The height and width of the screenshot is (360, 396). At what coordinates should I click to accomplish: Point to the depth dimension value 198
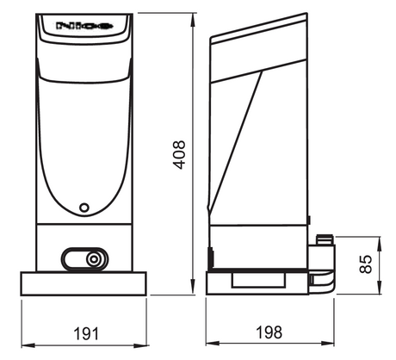point(270,332)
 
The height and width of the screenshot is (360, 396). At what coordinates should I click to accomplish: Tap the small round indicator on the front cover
point(84,208)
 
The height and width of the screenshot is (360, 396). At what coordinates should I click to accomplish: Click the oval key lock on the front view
point(84,258)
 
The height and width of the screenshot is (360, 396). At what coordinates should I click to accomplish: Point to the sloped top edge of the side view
point(258,26)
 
